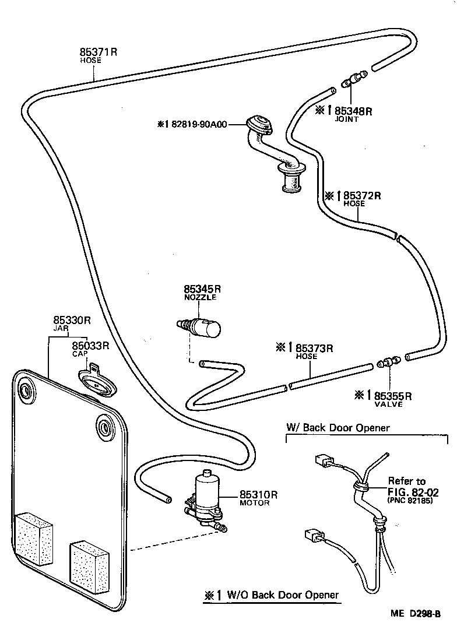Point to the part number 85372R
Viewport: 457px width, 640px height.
362,195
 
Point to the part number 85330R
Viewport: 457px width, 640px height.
72,320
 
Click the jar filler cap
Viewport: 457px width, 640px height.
97,382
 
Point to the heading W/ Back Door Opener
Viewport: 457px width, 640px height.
338,428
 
